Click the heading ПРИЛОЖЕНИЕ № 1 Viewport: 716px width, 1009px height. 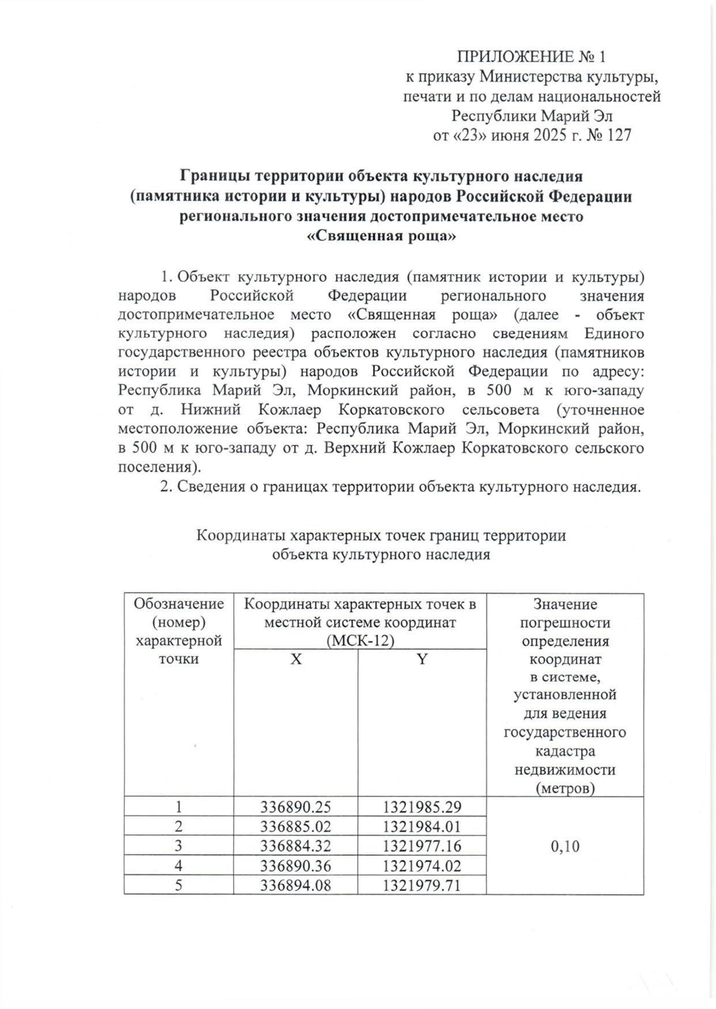pyautogui.click(x=531, y=57)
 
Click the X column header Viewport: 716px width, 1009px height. pyautogui.click(x=296, y=659)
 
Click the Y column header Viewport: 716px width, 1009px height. pyautogui.click(x=422, y=659)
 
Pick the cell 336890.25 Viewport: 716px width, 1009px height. pyautogui.click(x=295, y=807)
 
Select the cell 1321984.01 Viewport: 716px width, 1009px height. pyautogui.click(x=422, y=827)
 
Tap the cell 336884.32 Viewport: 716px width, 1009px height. pyautogui.click(x=295, y=846)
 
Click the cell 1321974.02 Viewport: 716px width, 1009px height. pyautogui.click(x=422, y=865)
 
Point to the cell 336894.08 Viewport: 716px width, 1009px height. pyautogui.click(x=295, y=885)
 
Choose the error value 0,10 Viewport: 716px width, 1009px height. pyautogui.click(x=565, y=846)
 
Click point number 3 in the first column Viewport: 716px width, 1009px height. pyautogui.click(x=178, y=846)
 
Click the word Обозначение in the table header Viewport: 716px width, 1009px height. pyautogui.click(x=179, y=604)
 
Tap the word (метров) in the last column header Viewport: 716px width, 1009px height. pyautogui.click(x=565, y=788)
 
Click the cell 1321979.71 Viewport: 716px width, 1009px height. pyautogui.click(x=422, y=885)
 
